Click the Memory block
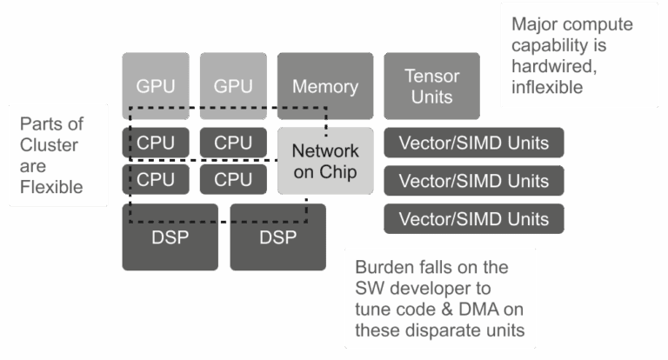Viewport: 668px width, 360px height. pyautogui.click(x=324, y=86)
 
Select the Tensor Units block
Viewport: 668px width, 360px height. pyautogui.click(x=431, y=86)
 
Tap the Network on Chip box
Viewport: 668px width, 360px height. pyautogui.click(x=324, y=162)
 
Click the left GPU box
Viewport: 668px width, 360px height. pyautogui.click(x=156, y=86)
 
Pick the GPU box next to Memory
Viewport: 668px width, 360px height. pyautogui.click(x=233, y=86)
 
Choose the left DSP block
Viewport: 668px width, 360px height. pyautogui.click(x=170, y=237)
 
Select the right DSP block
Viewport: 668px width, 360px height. pyautogui.click(x=277, y=237)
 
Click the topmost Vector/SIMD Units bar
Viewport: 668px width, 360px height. pyautogui.click(x=474, y=143)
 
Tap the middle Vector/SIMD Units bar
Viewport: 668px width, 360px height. pyautogui.click(x=474, y=181)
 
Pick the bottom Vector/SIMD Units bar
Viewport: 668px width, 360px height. pyautogui.click(x=474, y=219)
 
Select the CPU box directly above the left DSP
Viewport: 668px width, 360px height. pyautogui.click(x=156, y=180)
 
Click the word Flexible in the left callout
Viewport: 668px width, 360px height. pyautogui.click(x=51, y=186)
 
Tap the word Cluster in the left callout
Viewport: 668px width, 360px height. pyautogui.click(x=49, y=144)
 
